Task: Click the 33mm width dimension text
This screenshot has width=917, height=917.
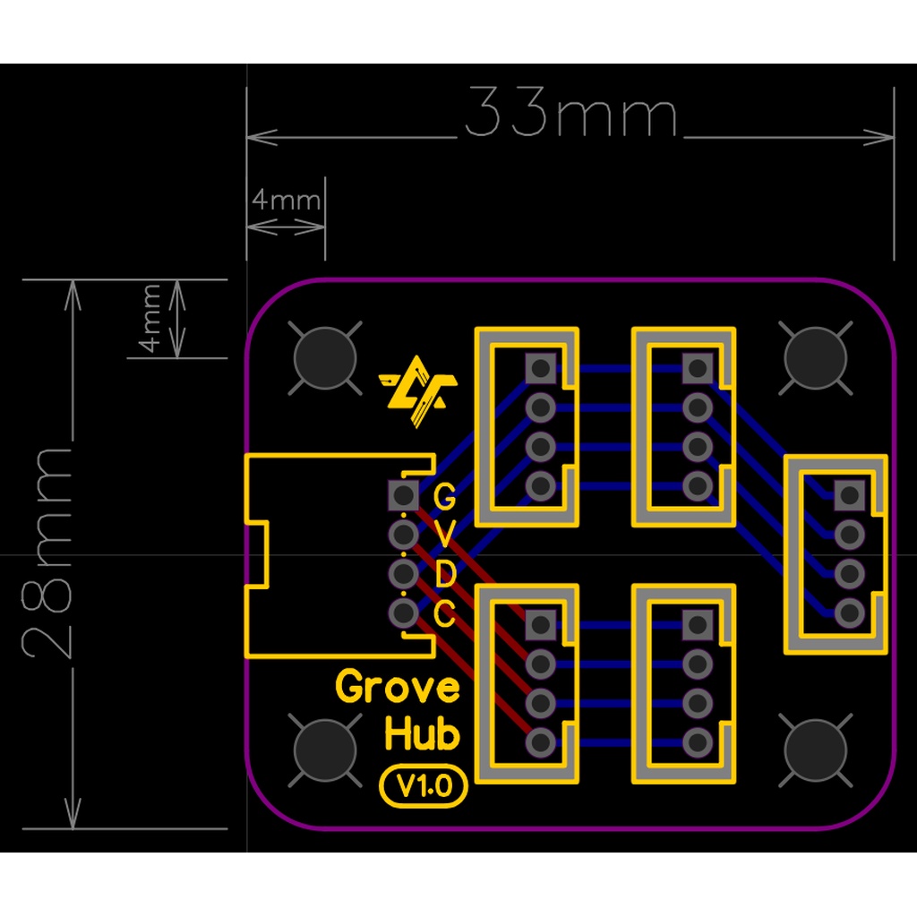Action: pos(570,112)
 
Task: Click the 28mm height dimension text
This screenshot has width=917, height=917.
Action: pos(47,553)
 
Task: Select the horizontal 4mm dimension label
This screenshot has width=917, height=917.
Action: pos(287,200)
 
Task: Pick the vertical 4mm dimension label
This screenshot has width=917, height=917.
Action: pos(150,318)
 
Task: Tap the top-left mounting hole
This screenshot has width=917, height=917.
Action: pos(325,358)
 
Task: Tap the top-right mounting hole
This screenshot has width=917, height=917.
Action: pos(815,358)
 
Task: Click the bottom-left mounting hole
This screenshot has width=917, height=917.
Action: pos(325,750)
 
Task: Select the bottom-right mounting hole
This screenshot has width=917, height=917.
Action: pos(815,750)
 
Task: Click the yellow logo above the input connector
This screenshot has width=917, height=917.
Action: pos(418,390)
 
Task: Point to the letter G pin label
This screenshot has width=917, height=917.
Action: pos(444,496)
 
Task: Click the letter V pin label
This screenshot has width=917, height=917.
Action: pos(444,536)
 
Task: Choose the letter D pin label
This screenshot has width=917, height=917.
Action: pos(444,574)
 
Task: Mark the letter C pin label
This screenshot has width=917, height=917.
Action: pos(444,613)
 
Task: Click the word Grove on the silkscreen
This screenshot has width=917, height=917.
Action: pos(398,687)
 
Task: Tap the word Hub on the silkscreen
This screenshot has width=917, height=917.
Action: pos(423,733)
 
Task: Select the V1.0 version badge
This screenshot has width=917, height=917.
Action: pos(424,786)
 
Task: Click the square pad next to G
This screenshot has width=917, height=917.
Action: pos(404,495)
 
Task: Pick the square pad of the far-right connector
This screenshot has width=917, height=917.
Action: pos(850,495)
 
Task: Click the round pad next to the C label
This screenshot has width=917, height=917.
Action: pos(404,613)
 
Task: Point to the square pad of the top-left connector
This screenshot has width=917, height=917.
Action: pos(540,368)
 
